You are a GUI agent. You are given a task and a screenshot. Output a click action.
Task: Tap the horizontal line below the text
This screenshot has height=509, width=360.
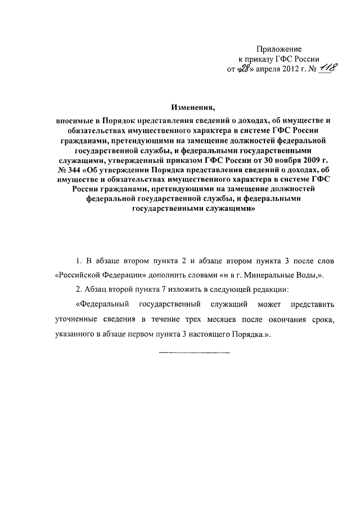coord(195,352)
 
